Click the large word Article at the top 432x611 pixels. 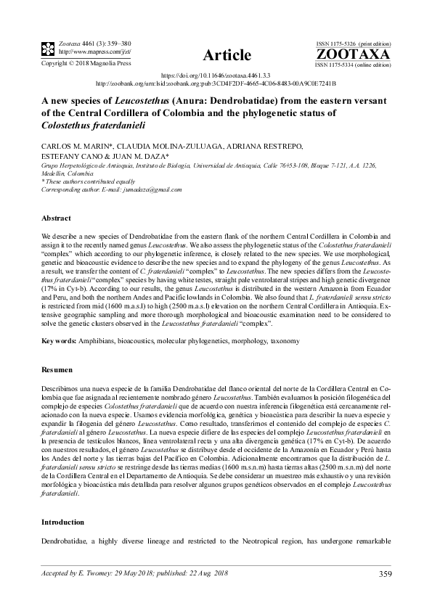click(228, 55)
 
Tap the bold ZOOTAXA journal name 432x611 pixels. click(354, 54)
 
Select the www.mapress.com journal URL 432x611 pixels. click(83, 52)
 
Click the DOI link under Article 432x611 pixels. click(216, 75)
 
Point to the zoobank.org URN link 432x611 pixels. click(216, 83)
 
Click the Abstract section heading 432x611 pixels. click(56, 218)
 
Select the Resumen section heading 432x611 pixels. click(57, 370)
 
